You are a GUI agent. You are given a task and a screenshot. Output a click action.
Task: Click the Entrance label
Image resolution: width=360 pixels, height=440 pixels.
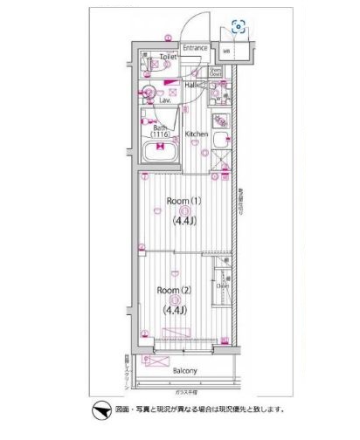pyautogui.click(x=195, y=48)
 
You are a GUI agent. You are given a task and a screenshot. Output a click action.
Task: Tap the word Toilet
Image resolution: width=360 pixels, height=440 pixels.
pyautogui.click(x=168, y=56)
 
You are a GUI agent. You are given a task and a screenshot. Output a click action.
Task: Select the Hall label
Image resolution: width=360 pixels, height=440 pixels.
pyautogui.click(x=190, y=86)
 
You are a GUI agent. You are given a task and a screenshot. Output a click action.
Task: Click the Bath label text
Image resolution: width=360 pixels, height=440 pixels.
pyautogui.click(x=160, y=127)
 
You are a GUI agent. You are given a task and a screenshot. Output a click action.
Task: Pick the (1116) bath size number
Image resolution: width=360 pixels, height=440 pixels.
pyautogui.click(x=160, y=135)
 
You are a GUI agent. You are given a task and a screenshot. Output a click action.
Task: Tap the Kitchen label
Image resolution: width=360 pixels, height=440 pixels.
pyautogui.click(x=197, y=134)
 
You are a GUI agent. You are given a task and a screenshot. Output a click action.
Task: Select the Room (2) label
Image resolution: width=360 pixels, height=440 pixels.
pyautogui.click(x=174, y=290)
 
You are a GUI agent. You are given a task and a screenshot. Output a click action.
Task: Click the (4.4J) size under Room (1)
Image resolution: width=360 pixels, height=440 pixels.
pyautogui.click(x=183, y=222)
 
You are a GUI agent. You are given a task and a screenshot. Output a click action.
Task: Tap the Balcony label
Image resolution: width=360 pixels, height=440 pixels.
pyautogui.click(x=184, y=370)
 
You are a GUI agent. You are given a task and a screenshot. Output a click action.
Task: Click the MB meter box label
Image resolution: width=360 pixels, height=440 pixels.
pyautogui.click(x=227, y=52)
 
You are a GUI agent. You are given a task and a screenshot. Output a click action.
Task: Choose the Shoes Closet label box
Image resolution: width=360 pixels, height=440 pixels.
pyautogui.click(x=214, y=73)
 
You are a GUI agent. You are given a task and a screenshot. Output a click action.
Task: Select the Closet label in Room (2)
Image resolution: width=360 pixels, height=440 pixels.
pyautogui.click(x=223, y=286)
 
